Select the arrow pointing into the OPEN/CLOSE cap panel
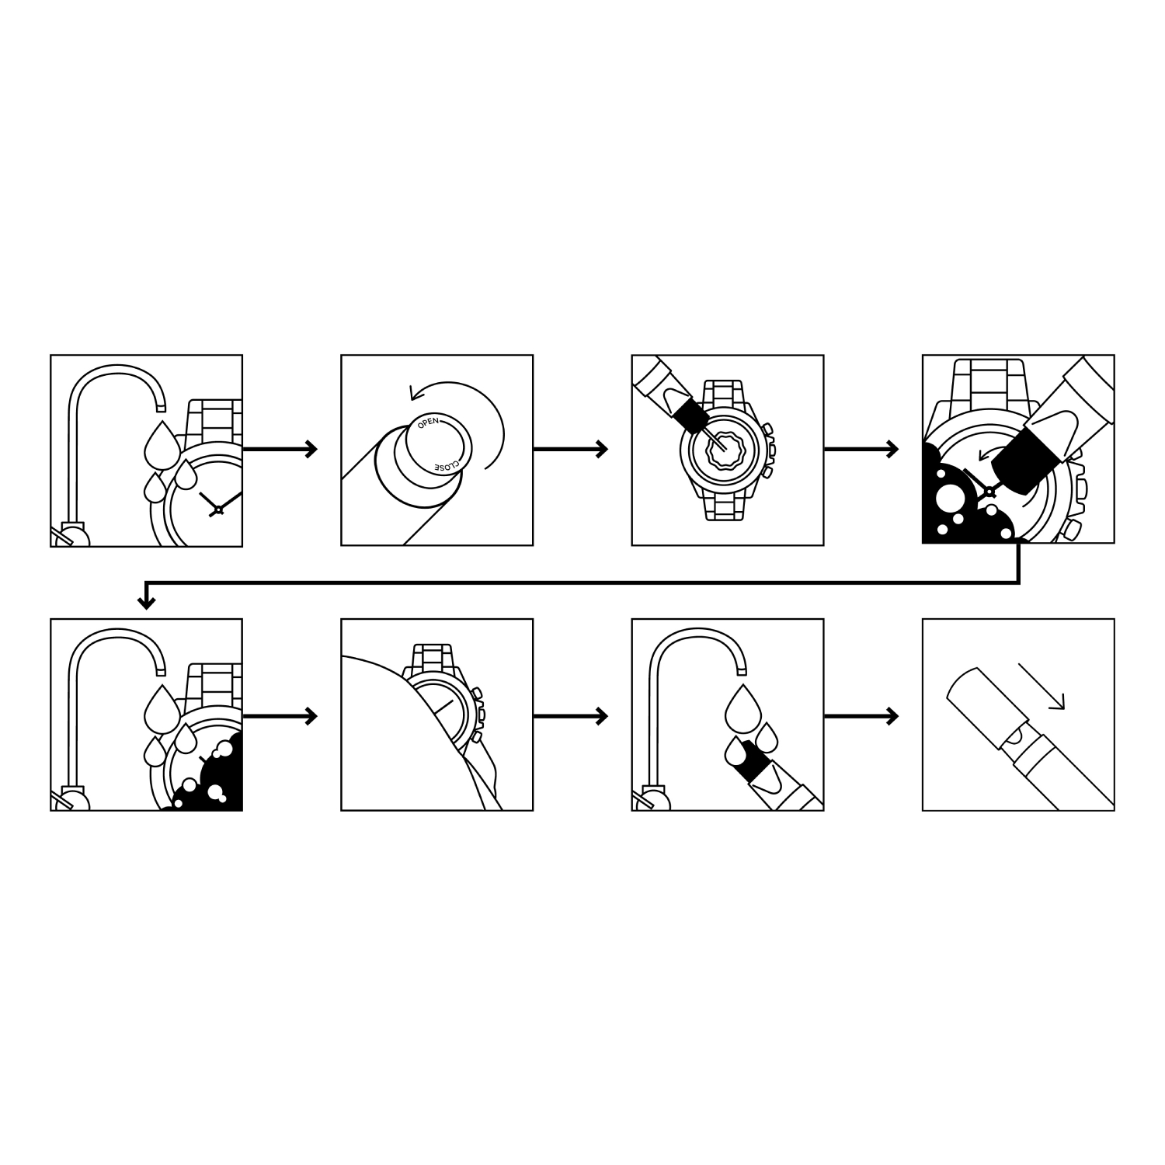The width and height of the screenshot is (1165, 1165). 280,448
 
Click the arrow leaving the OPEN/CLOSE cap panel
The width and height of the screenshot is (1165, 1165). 571,448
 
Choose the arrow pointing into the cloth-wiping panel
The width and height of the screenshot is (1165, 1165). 280,716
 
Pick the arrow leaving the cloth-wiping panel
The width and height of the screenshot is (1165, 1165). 571,716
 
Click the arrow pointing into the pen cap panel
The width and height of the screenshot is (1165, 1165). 861,716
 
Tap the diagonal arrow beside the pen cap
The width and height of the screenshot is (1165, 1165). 1041,687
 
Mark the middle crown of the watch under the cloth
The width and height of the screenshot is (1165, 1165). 481,712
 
